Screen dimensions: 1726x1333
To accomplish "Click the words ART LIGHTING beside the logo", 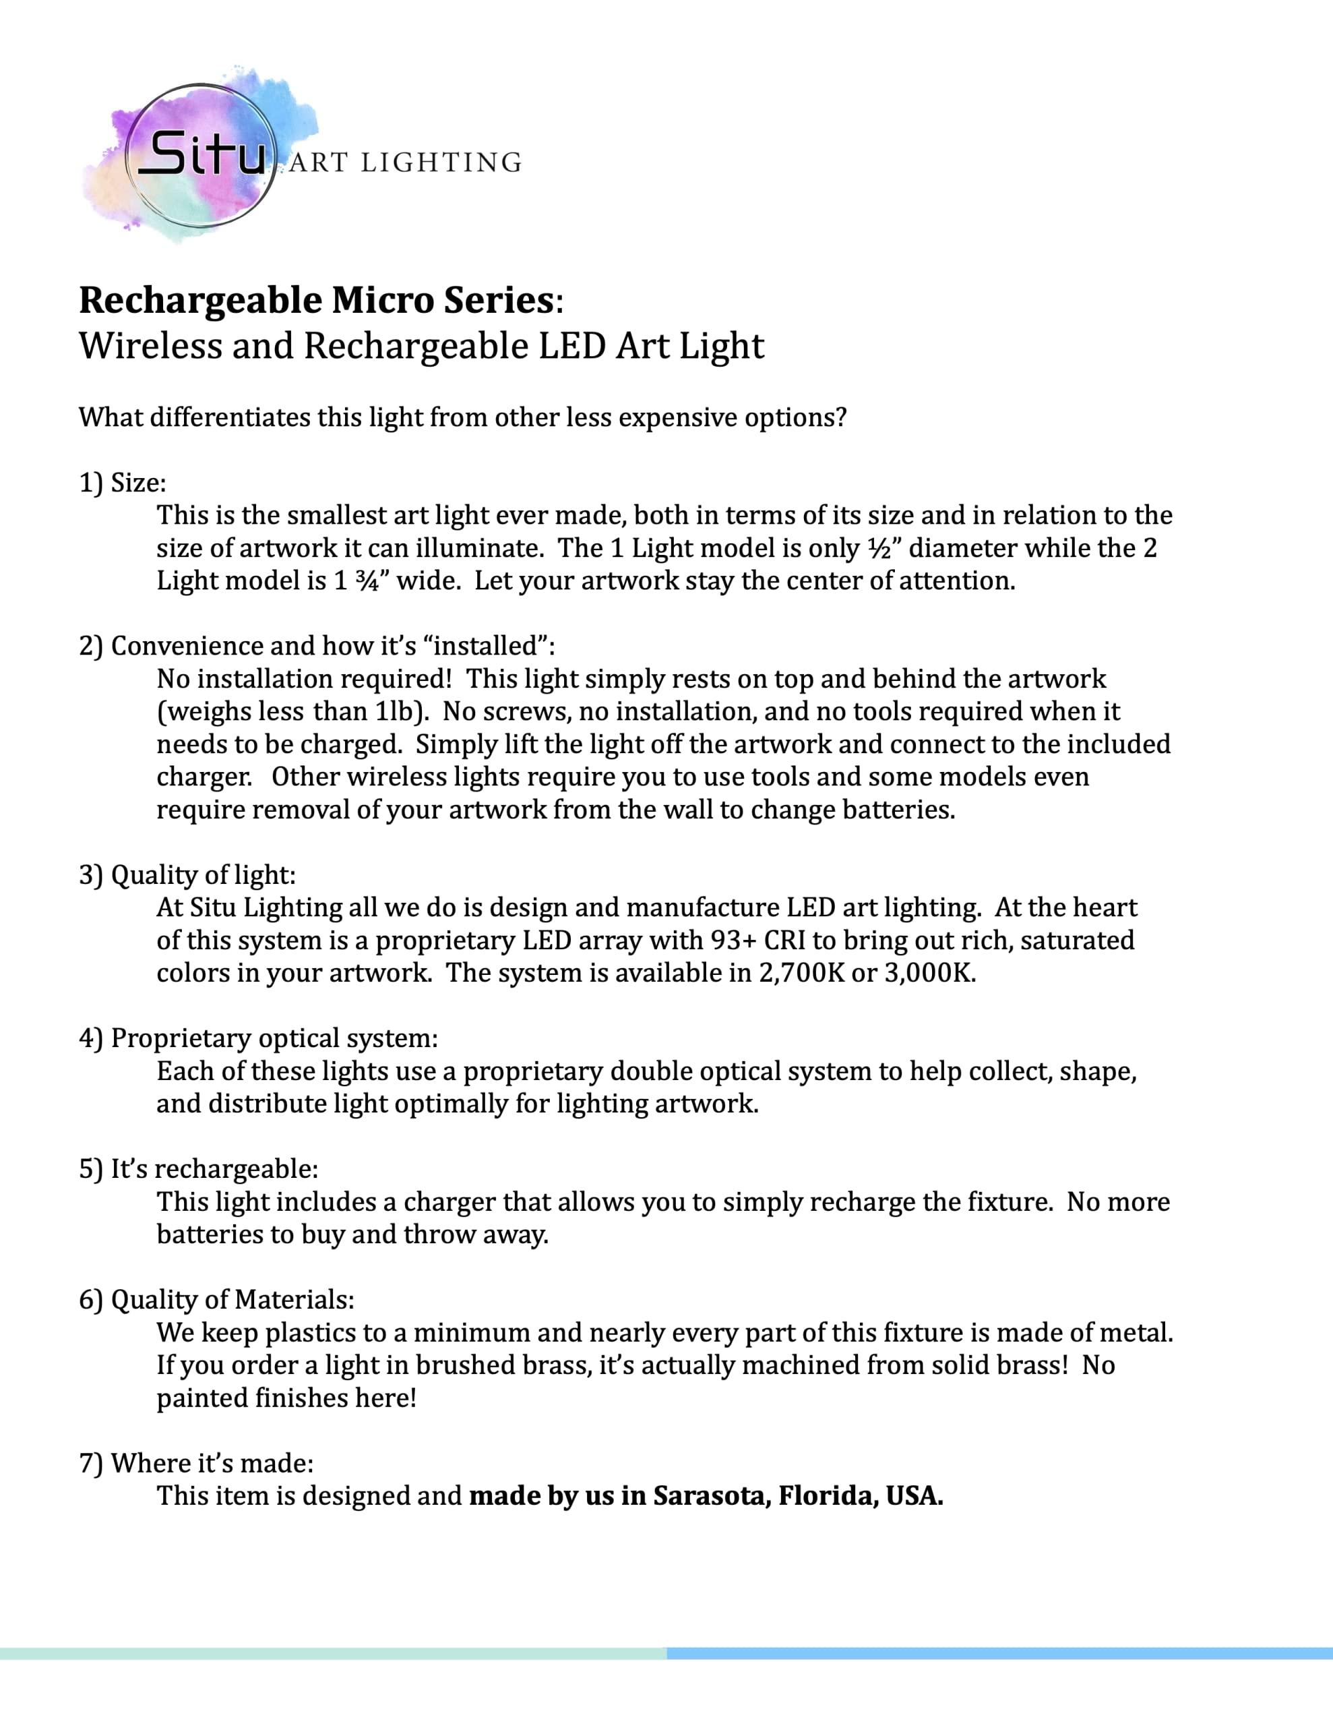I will tap(405, 162).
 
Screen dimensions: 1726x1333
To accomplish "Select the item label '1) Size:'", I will tap(123, 482).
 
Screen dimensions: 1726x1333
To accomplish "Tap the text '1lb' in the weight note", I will tap(394, 711).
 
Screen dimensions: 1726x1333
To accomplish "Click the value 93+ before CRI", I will tap(737, 940).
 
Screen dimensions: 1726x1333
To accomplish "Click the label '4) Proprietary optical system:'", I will tap(258, 1038).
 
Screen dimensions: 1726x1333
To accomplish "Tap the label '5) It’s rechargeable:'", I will tap(198, 1169).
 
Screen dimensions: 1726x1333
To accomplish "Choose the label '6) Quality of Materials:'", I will tap(216, 1299).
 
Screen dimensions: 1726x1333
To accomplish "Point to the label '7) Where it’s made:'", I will tap(196, 1463).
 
